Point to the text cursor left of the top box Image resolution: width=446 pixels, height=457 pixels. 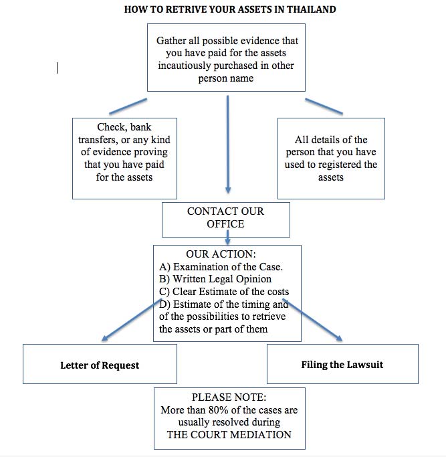pos(57,68)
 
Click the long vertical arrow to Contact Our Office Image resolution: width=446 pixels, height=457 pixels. pos(228,145)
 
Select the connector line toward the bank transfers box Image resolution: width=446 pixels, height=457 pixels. pos(128,106)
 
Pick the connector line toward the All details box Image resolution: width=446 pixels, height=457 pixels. pos(324,106)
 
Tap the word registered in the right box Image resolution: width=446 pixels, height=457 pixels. pos(340,165)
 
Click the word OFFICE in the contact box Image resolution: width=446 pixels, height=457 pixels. pos(225,224)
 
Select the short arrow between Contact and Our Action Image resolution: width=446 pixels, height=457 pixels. pos(228,238)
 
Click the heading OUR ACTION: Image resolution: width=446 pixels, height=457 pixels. pos(221,254)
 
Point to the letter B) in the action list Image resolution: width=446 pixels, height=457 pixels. pos(164,279)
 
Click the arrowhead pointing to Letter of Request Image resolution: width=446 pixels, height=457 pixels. pos(105,339)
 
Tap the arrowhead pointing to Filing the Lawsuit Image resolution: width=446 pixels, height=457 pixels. pos(339,338)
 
